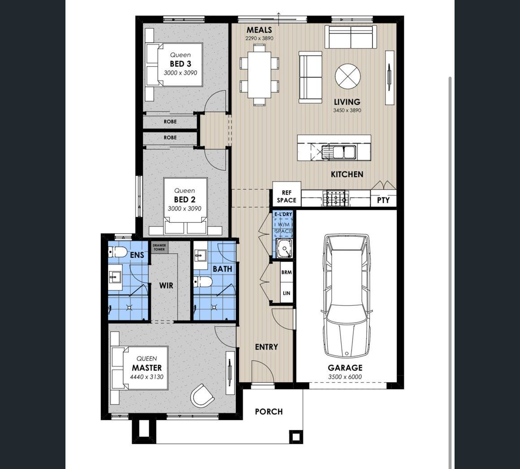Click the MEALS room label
(259, 30)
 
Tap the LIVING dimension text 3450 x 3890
(347, 110)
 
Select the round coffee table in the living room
(347, 77)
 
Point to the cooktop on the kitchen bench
(336, 198)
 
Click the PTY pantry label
(383, 200)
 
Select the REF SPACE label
(286, 196)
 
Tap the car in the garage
(347, 295)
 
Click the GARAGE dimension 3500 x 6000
(345, 377)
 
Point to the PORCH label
(269, 411)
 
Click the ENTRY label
(266, 347)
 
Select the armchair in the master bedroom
(202, 396)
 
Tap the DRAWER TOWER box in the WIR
(159, 247)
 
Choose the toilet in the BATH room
(203, 281)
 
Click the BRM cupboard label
(286, 273)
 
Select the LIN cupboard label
(286, 293)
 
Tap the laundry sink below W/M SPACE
(284, 248)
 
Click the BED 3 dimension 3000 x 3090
(180, 73)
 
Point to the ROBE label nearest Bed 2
(170, 137)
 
